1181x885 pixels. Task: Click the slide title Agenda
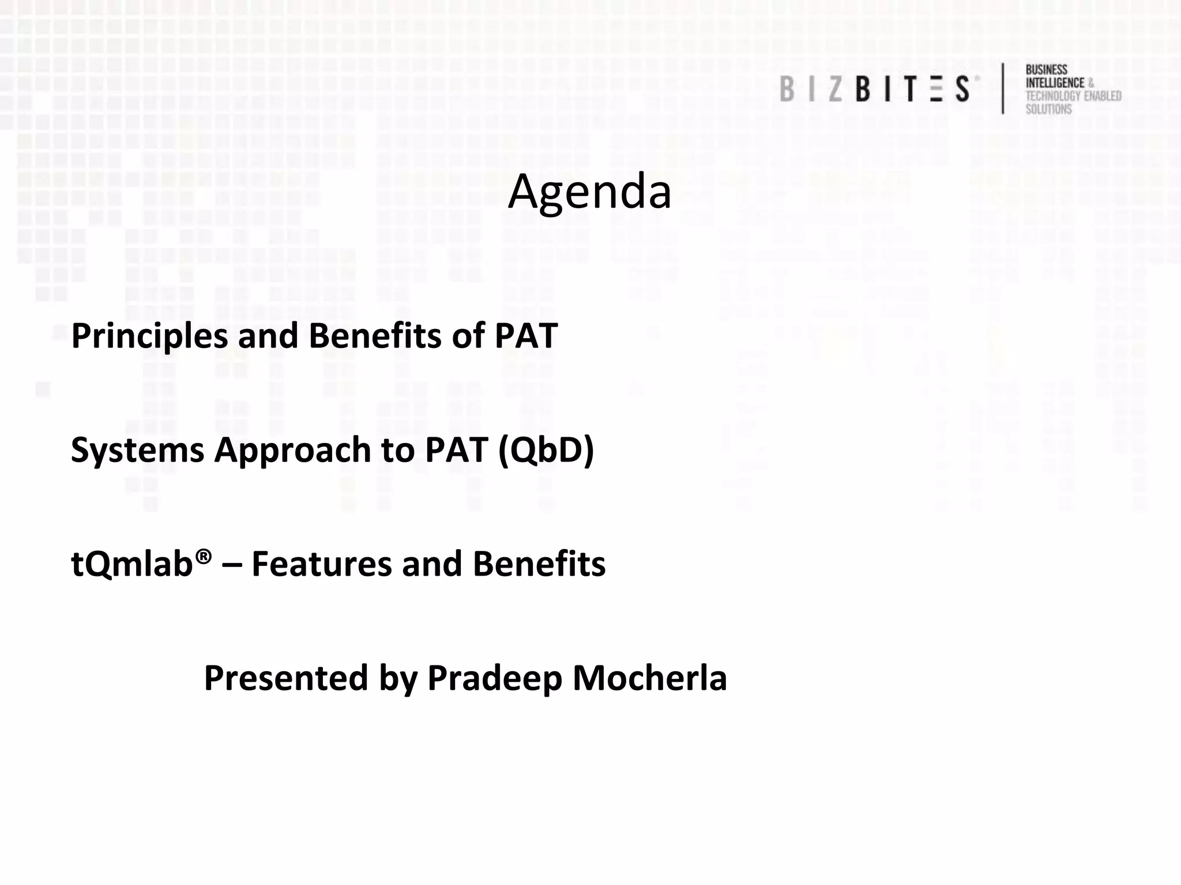(x=589, y=192)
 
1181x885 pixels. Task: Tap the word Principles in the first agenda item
(x=149, y=336)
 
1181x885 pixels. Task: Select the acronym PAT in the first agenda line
(x=526, y=336)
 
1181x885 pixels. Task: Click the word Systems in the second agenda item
(x=137, y=450)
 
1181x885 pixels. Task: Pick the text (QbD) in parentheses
(x=546, y=450)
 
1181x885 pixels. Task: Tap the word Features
(x=322, y=563)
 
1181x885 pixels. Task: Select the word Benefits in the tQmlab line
(x=539, y=563)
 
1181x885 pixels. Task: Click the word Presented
(x=286, y=678)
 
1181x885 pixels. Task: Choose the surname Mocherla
(x=649, y=678)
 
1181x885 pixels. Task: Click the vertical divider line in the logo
(x=1003, y=88)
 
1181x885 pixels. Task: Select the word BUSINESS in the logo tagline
(x=1046, y=70)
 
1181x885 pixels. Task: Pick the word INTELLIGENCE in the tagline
(x=1055, y=83)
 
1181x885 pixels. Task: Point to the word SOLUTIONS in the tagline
(x=1048, y=109)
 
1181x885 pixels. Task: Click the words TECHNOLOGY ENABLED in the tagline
(x=1073, y=96)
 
